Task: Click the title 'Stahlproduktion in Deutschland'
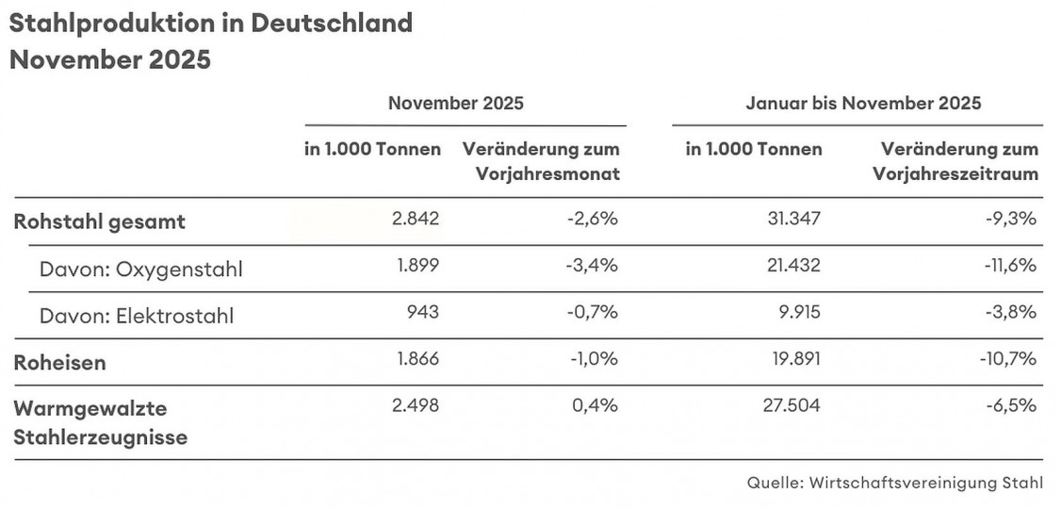pyautogui.click(x=211, y=24)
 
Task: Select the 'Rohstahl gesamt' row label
pyautogui.click(x=99, y=222)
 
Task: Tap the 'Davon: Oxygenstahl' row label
pyautogui.click(x=140, y=270)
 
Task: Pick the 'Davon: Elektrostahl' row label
pyautogui.click(x=136, y=316)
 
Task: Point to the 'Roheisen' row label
pyautogui.click(x=58, y=363)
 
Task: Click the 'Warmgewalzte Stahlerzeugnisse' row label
pyautogui.click(x=100, y=423)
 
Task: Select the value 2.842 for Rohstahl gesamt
pyautogui.click(x=416, y=220)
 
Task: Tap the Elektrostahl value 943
pyautogui.click(x=422, y=312)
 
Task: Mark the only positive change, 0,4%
pyautogui.click(x=597, y=406)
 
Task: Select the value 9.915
pyautogui.click(x=797, y=312)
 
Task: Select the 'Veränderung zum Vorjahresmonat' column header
pyautogui.click(x=540, y=161)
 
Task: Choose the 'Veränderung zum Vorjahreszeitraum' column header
pyautogui.click(x=955, y=161)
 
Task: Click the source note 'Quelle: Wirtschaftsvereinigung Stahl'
pyautogui.click(x=895, y=483)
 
